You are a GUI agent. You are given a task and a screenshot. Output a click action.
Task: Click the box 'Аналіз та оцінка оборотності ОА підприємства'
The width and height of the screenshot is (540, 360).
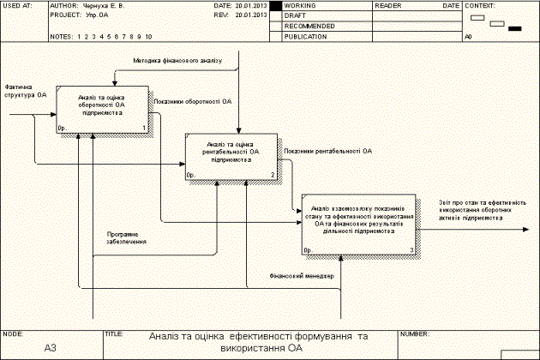tap(103, 110)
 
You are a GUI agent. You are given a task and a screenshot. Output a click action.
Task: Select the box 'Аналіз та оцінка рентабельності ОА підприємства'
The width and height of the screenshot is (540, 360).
tap(230, 158)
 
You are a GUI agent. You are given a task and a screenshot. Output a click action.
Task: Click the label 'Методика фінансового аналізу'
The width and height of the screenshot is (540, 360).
tap(177, 61)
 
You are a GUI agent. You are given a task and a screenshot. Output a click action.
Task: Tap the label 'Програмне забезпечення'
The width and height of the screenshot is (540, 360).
tap(126, 237)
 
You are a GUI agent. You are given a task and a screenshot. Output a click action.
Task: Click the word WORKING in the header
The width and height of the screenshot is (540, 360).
tap(301, 5)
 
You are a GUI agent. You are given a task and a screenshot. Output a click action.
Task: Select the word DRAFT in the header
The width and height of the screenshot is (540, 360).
tap(296, 15)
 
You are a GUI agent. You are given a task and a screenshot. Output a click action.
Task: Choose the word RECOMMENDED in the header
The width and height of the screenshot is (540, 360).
tap(309, 26)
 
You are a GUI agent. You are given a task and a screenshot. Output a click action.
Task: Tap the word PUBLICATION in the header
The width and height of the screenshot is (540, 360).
tap(306, 36)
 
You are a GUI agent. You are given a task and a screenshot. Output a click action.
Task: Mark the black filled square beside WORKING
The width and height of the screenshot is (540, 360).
tap(276, 5)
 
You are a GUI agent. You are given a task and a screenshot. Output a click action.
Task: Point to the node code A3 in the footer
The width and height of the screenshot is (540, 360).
tap(51, 348)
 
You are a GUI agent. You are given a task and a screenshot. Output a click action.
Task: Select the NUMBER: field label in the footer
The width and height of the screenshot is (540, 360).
tap(415, 333)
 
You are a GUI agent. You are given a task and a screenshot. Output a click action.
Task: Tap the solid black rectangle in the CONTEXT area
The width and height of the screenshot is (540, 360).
tap(516, 29)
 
